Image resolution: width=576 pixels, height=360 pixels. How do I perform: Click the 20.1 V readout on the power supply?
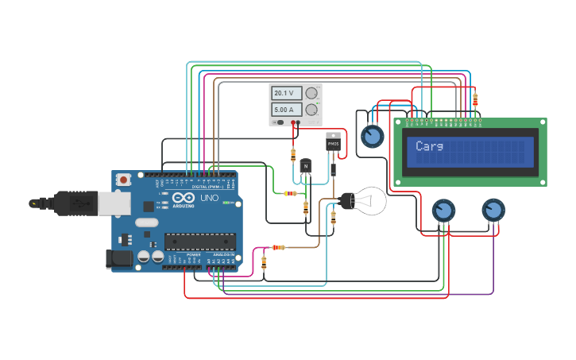[x=286, y=93]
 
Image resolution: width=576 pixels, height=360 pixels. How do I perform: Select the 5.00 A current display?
[x=286, y=110]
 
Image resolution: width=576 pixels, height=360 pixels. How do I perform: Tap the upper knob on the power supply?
[x=311, y=93]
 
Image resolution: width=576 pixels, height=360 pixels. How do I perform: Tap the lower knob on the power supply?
[x=311, y=110]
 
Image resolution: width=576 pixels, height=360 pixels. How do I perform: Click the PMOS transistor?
[x=333, y=145]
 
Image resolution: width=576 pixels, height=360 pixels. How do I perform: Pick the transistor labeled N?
[x=306, y=165]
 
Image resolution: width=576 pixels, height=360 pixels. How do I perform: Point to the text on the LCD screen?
[x=430, y=146]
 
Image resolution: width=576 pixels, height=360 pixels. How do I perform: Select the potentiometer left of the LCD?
[x=372, y=137]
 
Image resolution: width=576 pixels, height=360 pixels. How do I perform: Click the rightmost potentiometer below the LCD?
[x=493, y=211]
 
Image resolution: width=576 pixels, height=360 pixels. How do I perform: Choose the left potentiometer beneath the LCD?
[x=443, y=211]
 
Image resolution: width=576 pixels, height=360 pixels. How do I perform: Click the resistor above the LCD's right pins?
[x=475, y=99]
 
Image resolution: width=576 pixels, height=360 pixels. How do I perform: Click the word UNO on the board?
[x=209, y=198]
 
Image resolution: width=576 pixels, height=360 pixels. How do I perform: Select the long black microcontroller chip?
[x=200, y=241]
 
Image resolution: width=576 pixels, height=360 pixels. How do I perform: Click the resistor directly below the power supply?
[x=293, y=153]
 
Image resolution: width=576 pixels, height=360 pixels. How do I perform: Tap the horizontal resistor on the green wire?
[x=291, y=193]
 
